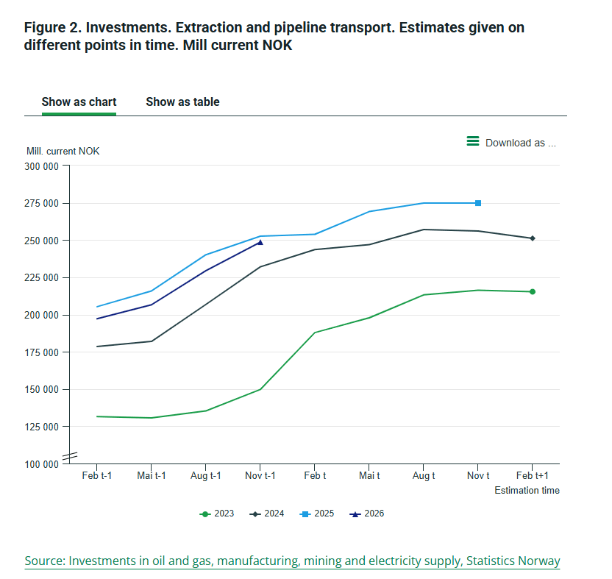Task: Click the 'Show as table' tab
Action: (182, 102)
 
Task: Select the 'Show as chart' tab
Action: (79, 102)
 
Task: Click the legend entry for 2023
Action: (218, 514)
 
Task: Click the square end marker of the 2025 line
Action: (478, 203)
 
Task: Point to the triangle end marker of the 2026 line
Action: (260, 242)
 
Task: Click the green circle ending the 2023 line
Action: (533, 292)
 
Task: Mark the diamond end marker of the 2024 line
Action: (533, 238)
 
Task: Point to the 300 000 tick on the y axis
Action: (42, 166)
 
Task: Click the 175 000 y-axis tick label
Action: (42, 352)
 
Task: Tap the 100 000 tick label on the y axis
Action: (42, 464)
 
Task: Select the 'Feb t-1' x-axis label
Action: (97, 476)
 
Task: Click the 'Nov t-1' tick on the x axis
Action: (260, 476)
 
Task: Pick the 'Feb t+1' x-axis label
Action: (533, 476)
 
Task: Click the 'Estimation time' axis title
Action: (527, 491)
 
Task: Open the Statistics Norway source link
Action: (292, 561)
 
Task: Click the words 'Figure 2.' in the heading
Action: (53, 28)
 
